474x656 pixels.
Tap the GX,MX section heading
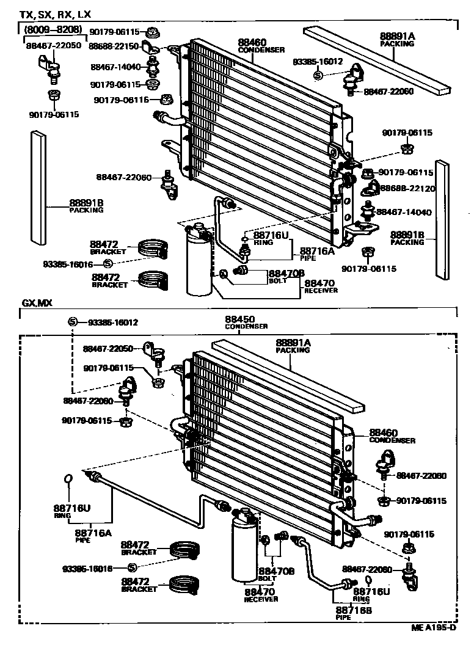pyautogui.click(x=38, y=304)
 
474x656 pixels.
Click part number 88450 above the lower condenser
pyautogui.click(x=239, y=319)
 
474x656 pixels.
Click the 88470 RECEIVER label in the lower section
pyautogui.click(x=261, y=594)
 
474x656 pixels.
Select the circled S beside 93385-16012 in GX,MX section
pyautogui.click(x=71, y=322)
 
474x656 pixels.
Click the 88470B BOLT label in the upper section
pyautogui.click(x=286, y=277)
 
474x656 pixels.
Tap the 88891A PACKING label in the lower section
pyautogui.click(x=293, y=346)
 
